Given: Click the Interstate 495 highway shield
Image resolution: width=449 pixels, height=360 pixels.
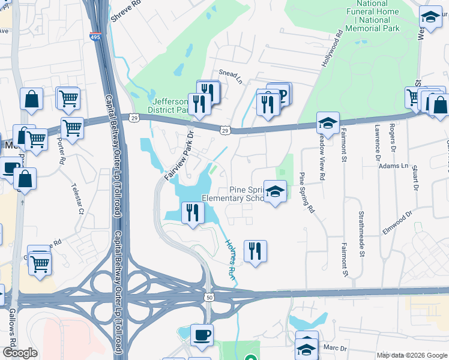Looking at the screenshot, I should [95, 37].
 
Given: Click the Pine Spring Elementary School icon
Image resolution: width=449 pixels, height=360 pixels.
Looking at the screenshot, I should [275, 193].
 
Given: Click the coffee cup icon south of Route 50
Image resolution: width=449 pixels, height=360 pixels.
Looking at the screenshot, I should [202, 335].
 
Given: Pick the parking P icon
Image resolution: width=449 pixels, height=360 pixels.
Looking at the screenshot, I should [280, 93].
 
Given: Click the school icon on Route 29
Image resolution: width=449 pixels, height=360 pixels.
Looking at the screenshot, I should [328, 124].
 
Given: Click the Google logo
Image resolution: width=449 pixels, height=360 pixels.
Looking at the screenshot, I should [19, 353].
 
